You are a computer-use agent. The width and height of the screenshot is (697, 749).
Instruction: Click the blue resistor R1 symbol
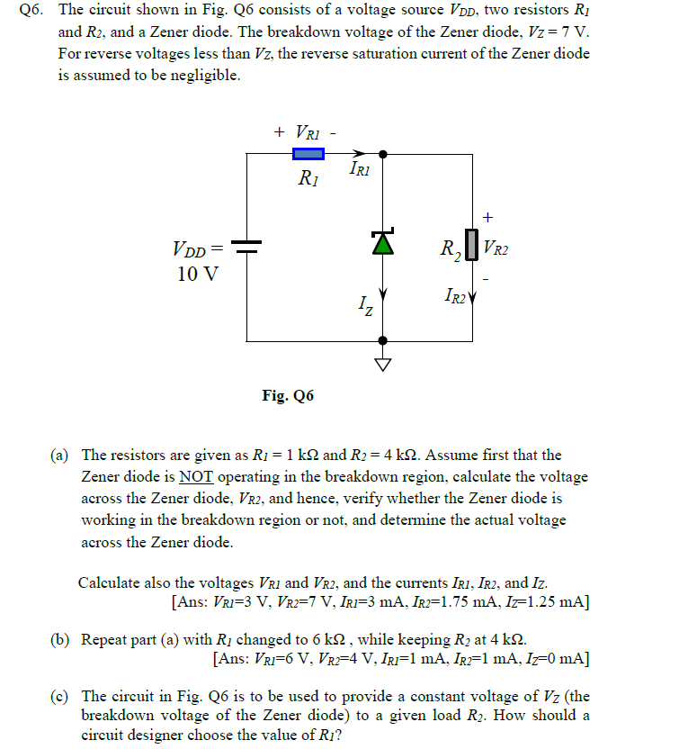coord(309,154)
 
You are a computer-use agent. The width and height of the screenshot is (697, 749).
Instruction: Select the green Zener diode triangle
coord(383,242)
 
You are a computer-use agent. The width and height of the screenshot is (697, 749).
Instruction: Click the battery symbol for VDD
coord(246,248)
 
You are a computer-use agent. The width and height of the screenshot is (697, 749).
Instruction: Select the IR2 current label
coord(454,294)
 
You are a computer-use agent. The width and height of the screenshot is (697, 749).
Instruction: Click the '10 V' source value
coord(198,273)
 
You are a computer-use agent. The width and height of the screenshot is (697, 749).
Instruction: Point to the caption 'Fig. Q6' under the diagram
coord(288,395)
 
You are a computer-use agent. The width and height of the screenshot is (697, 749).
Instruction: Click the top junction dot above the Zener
coord(383,154)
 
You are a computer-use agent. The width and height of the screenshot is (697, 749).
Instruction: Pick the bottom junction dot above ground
coord(383,341)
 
